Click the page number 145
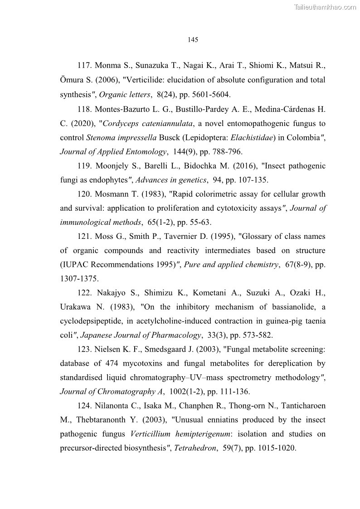(x=193, y=39)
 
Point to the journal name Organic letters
(x=125, y=94)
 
